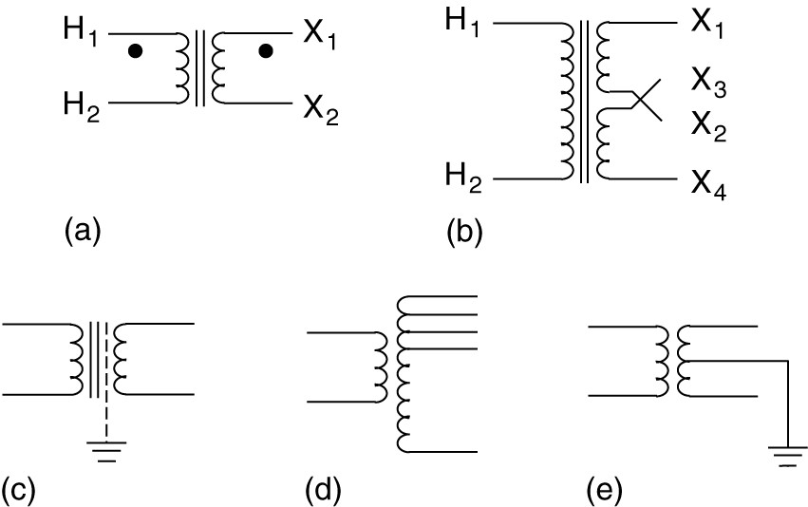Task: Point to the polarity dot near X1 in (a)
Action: [268, 50]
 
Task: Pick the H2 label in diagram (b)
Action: [464, 174]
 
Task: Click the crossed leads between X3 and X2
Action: [646, 98]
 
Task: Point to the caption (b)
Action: [464, 231]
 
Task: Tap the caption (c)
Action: [19, 490]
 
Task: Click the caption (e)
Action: [604, 490]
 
